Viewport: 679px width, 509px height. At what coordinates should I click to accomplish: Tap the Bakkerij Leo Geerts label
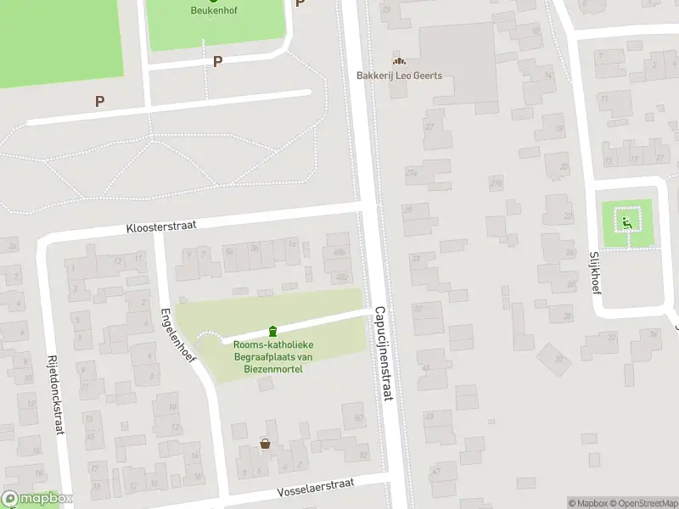pyautogui.click(x=405, y=75)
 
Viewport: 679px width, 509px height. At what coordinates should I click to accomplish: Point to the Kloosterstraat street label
pyautogui.click(x=161, y=227)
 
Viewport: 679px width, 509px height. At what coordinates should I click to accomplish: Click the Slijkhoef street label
pyautogui.click(x=594, y=269)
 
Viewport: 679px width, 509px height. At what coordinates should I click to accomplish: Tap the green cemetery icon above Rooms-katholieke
pyautogui.click(x=272, y=330)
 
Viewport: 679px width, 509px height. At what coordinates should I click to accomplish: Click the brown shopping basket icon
pyautogui.click(x=265, y=444)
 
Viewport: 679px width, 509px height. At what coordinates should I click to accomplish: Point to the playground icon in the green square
pyautogui.click(x=626, y=223)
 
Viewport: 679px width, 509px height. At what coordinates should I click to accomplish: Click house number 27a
pyautogui.click(x=413, y=172)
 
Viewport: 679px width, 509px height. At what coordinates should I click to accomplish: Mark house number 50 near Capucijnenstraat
pyautogui.click(x=359, y=417)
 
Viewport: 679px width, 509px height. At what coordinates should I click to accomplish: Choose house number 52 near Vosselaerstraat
pyautogui.click(x=364, y=455)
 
